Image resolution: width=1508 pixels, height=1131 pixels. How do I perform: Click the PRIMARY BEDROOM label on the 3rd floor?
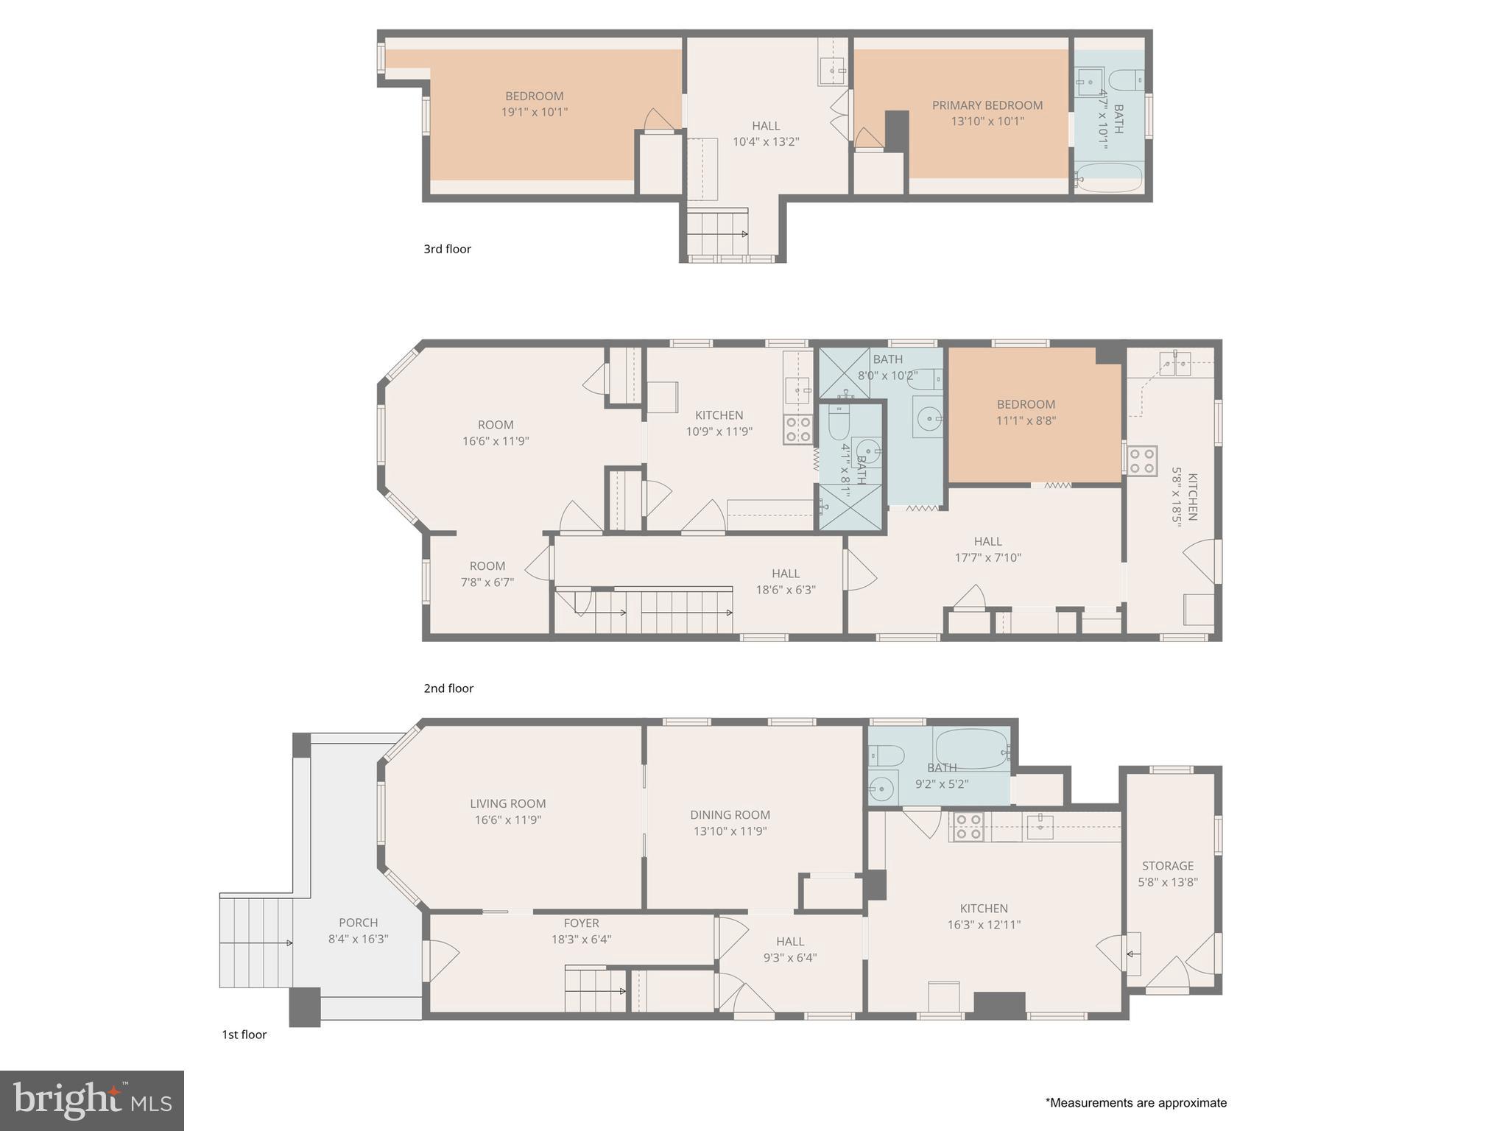(x=987, y=105)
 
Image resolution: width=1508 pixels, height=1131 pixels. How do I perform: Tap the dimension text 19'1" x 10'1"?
(x=534, y=113)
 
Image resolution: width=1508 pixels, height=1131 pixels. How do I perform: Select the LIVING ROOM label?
(x=507, y=803)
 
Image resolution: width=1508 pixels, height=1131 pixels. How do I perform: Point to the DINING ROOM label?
(x=730, y=814)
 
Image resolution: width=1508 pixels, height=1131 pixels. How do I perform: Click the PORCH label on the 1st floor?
(x=358, y=923)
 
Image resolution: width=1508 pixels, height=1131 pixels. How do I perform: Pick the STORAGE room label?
(x=1167, y=866)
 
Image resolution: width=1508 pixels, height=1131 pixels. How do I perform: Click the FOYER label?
(x=581, y=923)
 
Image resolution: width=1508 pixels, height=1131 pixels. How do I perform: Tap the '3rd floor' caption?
(x=447, y=249)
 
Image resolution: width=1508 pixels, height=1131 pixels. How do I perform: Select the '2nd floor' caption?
(x=448, y=688)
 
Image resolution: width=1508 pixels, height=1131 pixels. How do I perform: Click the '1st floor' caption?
(x=244, y=1035)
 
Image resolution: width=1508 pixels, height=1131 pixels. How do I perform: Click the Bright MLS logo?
(x=92, y=1100)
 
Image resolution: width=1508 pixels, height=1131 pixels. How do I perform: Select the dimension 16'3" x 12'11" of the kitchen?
(x=984, y=925)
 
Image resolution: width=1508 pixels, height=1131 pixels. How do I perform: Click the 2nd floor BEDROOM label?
(x=1026, y=404)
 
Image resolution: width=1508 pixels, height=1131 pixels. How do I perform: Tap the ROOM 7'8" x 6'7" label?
(x=487, y=566)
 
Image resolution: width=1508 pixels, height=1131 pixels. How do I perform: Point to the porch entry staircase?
(x=256, y=942)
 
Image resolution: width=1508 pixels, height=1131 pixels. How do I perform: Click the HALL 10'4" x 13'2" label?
(x=766, y=126)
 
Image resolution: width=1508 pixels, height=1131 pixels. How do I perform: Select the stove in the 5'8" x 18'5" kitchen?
(x=1141, y=461)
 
